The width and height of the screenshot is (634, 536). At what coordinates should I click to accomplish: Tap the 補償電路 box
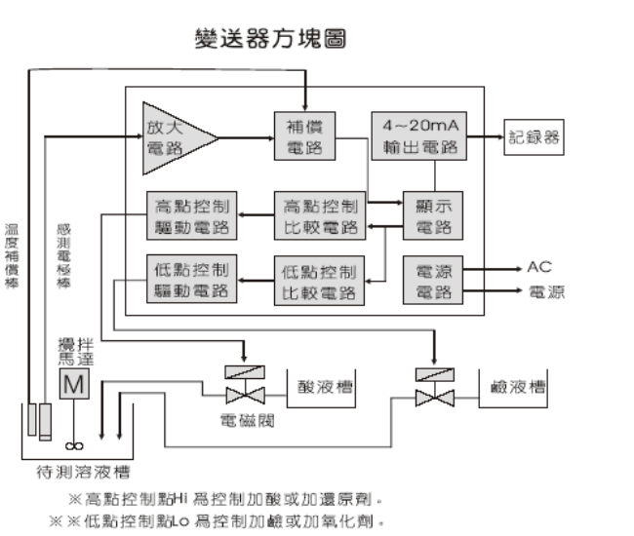[x=304, y=135]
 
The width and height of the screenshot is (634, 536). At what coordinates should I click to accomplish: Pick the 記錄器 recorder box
[x=535, y=137]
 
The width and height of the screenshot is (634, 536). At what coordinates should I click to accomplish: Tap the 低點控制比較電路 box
[x=319, y=280]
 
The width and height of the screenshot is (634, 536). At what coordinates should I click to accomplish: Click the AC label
[x=539, y=266]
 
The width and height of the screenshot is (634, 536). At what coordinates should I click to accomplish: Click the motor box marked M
[x=74, y=385]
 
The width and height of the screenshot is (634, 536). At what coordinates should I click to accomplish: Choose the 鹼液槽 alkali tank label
[x=517, y=387]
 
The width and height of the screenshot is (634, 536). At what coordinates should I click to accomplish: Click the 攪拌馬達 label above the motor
[x=75, y=350]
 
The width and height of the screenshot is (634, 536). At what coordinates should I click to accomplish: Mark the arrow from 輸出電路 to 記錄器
[x=484, y=137]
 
